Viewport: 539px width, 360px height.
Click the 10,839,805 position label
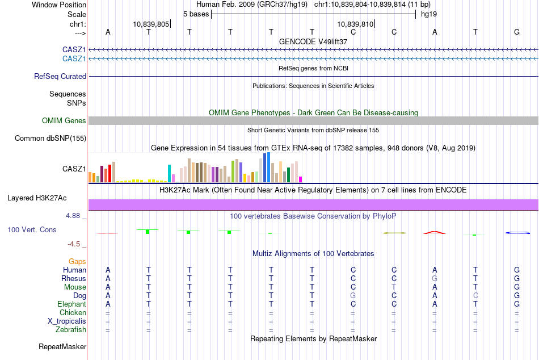[x=151, y=24]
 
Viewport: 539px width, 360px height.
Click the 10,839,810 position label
[x=355, y=24]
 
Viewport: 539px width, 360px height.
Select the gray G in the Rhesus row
[x=435, y=279]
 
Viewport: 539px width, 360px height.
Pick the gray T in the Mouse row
[x=394, y=287]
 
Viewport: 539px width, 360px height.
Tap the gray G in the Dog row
[x=353, y=296]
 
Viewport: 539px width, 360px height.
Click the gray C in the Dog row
[x=475, y=296]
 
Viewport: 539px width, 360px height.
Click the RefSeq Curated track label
[x=60, y=76]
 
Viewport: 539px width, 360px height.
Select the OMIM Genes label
[x=64, y=120]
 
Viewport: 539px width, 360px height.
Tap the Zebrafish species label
[x=70, y=329]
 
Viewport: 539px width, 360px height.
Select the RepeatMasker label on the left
[x=62, y=346]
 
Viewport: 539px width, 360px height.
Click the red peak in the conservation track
[x=435, y=232]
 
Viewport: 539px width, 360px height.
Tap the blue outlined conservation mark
[x=517, y=232]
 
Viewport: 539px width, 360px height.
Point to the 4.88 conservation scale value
[x=73, y=216]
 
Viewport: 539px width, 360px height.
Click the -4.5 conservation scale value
[x=73, y=244]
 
